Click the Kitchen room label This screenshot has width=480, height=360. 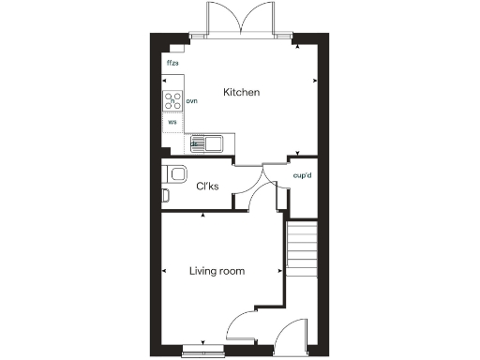tap(241, 93)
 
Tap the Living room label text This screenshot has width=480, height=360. tap(217, 272)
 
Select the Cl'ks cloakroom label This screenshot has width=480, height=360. tap(207, 187)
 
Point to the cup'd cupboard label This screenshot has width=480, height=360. tap(302, 175)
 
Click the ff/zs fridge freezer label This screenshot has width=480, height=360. tap(172, 64)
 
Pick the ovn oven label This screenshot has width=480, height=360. tap(191, 100)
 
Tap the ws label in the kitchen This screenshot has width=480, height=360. tap(172, 122)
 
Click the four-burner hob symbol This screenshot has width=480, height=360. tap(173, 100)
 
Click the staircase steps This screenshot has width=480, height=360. tap(302, 250)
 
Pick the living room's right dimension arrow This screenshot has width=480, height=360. tap(280, 272)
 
